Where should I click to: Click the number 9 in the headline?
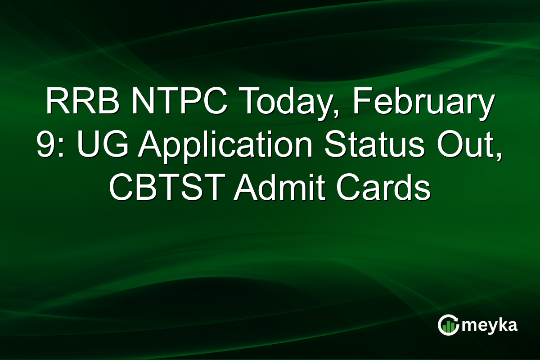[x=45, y=146]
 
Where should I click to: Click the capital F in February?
[x=360, y=103]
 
